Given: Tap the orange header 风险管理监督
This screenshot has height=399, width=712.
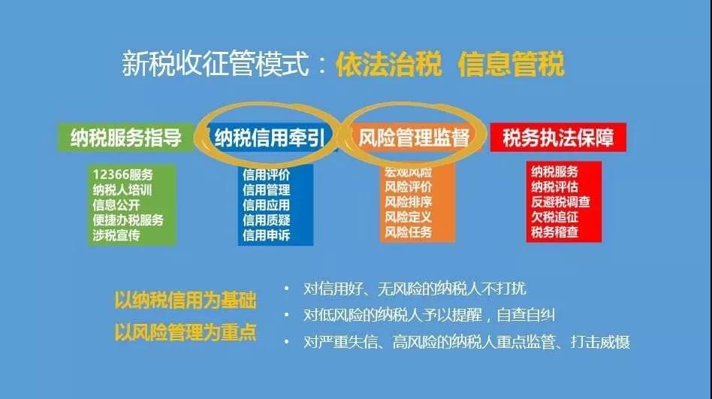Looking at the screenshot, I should tap(414, 138).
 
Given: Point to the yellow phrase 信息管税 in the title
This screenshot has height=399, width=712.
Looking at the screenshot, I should tap(511, 65).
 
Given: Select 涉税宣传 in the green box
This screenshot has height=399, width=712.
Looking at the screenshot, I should tap(116, 234).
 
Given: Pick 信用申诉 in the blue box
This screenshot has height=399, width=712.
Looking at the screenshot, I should tap(266, 234).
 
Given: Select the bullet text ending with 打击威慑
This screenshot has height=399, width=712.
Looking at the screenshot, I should tap(466, 342).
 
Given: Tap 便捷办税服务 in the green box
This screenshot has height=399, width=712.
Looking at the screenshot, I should tap(128, 219).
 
